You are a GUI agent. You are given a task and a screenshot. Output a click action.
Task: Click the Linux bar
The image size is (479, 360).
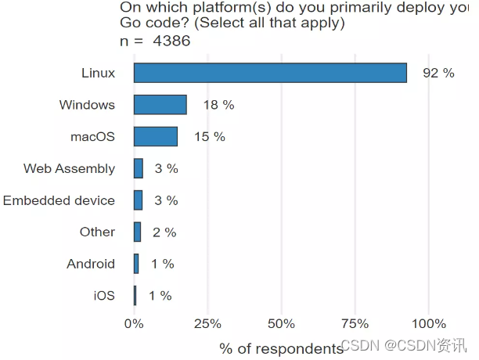click(270, 73)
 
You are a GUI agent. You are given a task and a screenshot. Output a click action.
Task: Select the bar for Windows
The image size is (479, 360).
click(160, 105)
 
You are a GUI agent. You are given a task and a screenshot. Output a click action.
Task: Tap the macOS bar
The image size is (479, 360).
click(155, 137)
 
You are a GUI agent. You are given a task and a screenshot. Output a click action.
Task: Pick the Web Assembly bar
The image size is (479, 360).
click(139, 168)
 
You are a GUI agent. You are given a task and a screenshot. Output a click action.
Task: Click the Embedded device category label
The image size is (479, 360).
click(59, 200)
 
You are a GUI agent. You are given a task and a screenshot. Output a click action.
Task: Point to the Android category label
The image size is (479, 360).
click(91, 264)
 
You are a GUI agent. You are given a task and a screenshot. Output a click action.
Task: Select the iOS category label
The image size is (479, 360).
click(103, 296)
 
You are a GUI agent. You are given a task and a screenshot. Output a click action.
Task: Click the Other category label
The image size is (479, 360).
click(97, 232)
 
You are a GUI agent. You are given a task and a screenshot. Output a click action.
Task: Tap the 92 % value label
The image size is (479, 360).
click(438, 74)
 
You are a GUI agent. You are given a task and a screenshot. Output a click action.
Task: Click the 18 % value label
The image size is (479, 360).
click(218, 105)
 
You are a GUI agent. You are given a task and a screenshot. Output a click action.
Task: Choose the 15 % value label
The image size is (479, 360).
click(210, 137)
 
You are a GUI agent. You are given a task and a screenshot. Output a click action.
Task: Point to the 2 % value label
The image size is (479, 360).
click(164, 232)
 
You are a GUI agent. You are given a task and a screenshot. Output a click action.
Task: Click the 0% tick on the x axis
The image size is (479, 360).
click(134, 324)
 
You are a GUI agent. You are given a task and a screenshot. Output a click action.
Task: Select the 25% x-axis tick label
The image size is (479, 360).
click(207, 324)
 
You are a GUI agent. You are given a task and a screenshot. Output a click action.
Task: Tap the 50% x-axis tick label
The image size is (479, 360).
click(280, 324)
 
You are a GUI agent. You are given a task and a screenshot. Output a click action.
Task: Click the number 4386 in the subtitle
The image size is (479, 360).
click(172, 40)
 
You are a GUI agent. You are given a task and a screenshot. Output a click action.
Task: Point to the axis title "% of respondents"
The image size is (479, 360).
click(281, 348)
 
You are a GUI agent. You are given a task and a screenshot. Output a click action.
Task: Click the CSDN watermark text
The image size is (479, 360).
click(405, 345)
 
